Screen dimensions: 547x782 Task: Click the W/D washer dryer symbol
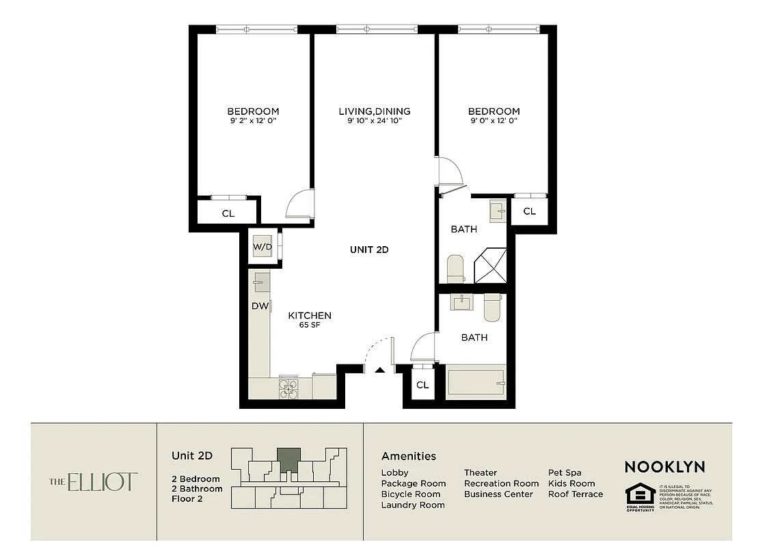point(262,246)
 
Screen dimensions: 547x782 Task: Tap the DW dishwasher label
point(260,306)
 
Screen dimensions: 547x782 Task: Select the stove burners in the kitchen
point(288,388)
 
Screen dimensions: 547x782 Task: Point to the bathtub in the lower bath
point(476,383)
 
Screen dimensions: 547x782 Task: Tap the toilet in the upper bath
point(456,269)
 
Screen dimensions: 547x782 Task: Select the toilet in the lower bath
point(492,307)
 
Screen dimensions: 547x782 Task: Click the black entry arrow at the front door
point(380,370)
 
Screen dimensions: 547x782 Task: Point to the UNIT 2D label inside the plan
point(369,250)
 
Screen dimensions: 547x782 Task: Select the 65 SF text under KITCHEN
point(310,325)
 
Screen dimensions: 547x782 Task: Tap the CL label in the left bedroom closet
point(228,213)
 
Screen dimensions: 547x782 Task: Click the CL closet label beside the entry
point(422,385)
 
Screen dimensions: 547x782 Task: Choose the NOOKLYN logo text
point(664,467)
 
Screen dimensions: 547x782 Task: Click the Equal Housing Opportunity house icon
point(640,494)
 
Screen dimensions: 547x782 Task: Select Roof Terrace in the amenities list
point(575,494)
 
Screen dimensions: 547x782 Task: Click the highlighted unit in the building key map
point(288,459)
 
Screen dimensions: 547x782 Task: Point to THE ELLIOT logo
point(93,482)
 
